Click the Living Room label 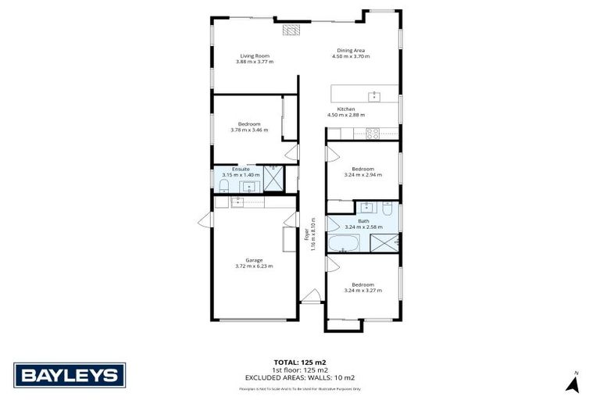click(250, 56)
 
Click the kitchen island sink click(374, 96)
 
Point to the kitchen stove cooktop click(372, 134)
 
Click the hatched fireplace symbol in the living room click(291, 30)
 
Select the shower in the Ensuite click(273, 178)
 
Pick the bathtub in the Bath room click(343, 244)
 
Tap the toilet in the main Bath click(387, 209)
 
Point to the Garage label click(254, 260)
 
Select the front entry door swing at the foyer click(311, 295)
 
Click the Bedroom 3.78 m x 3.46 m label click(249, 127)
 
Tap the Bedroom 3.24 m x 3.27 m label click(362, 287)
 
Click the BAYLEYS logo click(70, 375)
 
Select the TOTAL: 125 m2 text click(300, 362)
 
